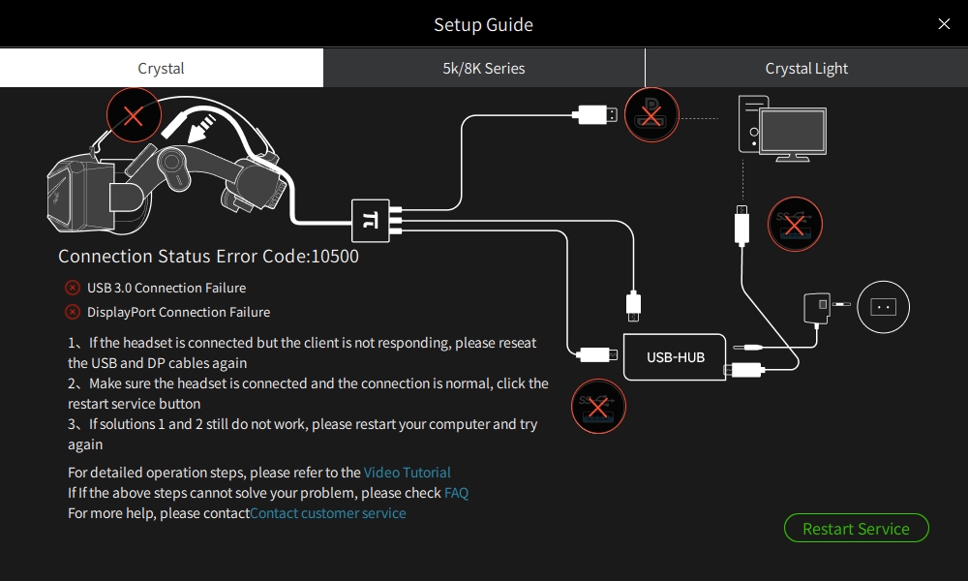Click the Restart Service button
(856, 529)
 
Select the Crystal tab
(161, 69)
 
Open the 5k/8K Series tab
(484, 69)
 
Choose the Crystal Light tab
(806, 69)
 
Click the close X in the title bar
(944, 24)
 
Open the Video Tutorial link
(407, 473)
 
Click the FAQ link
(456, 493)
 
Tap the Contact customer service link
(328, 513)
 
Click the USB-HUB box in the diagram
(676, 357)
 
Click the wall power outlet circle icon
(883, 306)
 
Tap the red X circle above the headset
(134, 116)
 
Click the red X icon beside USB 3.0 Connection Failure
(73, 288)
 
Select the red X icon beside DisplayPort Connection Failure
(73, 312)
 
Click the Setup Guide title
(483, 24)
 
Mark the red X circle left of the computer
(652, 115)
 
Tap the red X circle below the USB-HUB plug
(599, 406)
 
